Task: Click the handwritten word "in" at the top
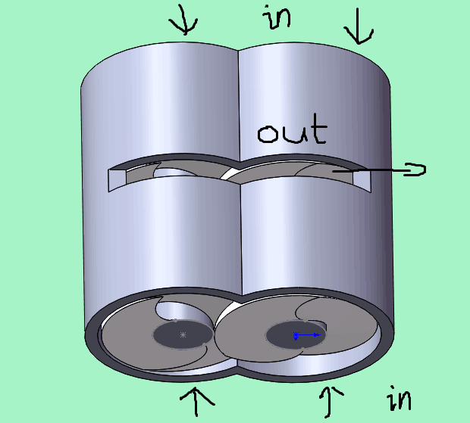click(278, 17)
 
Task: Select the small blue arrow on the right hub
click(308, 334)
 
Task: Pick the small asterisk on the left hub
click(182, 334)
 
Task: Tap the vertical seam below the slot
click(240, 242)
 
